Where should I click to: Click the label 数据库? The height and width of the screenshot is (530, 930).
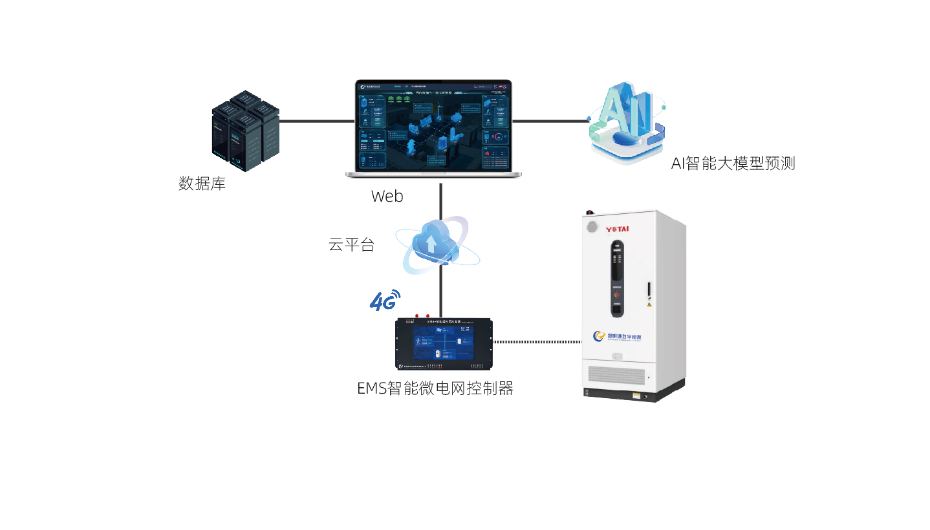pos(202,184)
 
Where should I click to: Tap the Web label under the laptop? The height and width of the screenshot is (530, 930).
pos(387,196)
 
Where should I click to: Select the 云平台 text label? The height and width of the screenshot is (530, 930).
pos(351,245)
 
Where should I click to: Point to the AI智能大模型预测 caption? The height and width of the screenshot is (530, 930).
pos(733,164)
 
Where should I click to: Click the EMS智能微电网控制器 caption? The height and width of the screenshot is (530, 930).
pos(435,388)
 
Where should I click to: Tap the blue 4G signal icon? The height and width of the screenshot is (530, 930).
pos(384,300)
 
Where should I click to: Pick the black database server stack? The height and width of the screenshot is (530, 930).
pos(245,131)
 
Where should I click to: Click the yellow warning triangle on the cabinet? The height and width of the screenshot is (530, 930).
pos(649,304)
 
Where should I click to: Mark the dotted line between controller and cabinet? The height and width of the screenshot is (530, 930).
pos(537,342)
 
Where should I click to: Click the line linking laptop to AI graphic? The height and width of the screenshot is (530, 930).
pos(550,120)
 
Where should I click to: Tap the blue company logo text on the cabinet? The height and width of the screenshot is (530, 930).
pos(621,337)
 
